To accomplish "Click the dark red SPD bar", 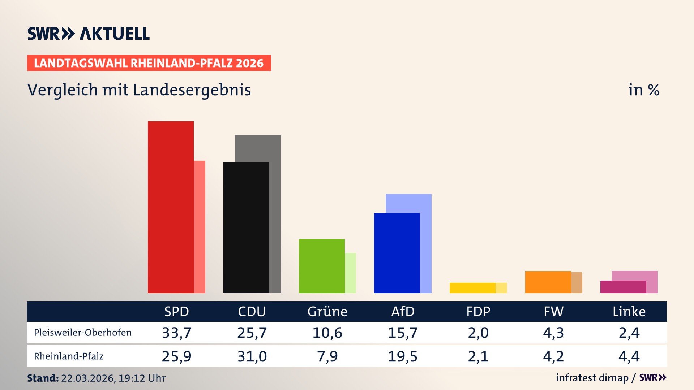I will (x=171, y=207).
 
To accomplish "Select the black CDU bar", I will (x=246, y=227).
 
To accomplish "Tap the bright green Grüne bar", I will (x=322, y=266).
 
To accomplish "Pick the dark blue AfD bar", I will (x=397, y=253).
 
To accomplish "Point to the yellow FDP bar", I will (x=472, y=288).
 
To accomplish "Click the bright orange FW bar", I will (x=548, y=282).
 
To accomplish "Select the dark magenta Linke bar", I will (x=623, y=287).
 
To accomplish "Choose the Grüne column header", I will (x=327, y=311).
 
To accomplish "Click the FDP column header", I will (x=478, y=311).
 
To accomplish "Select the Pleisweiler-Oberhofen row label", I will (x=83, y=333).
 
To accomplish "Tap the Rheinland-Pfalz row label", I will (x=69, y=356).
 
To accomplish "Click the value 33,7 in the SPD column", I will (x=176, y=333).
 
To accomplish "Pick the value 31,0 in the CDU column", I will (x=252, y=356).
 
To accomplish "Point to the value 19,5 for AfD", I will (x=402, y=356).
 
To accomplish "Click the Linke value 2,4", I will (x=629, y=333).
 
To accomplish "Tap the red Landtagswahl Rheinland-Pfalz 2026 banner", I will (x=149, y=63).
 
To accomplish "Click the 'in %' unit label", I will (x=643, y=90).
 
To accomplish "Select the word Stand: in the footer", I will (x=43, y=378).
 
